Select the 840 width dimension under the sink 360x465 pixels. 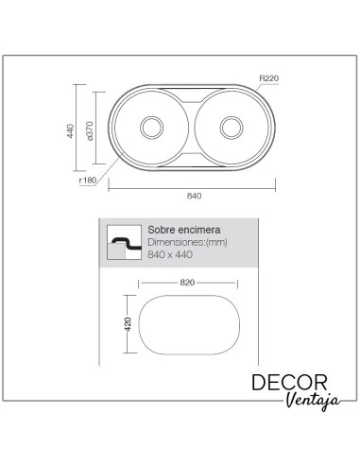[196, 196]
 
